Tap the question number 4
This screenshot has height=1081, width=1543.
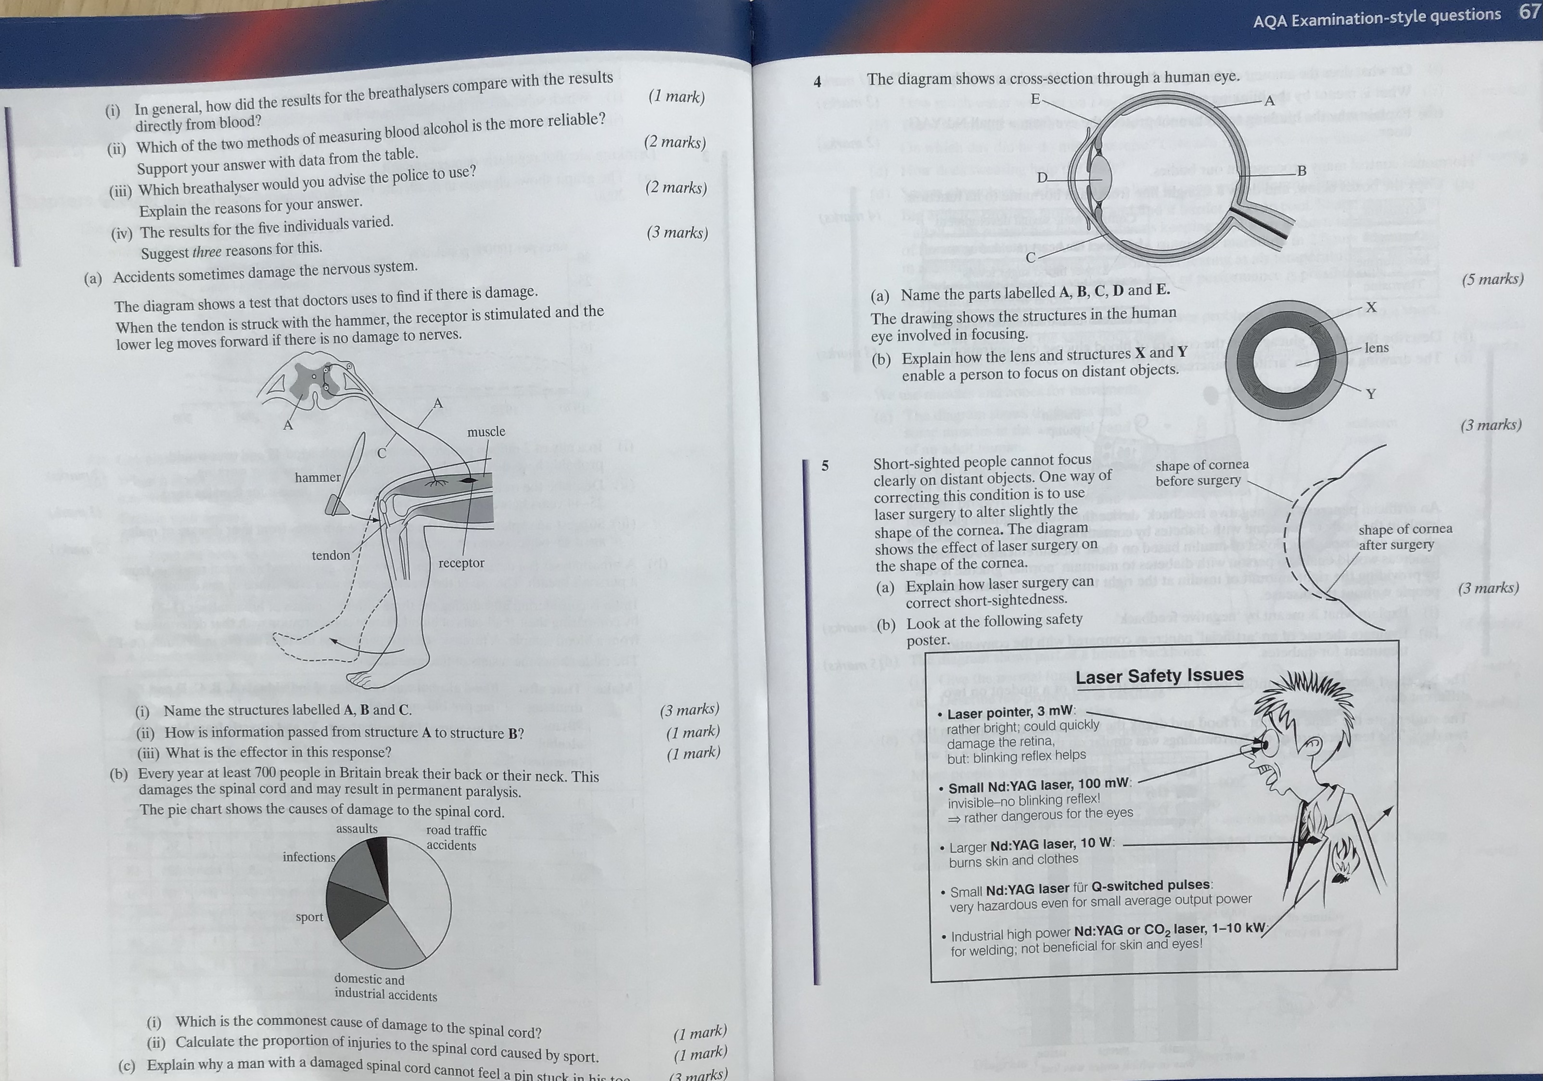coord(817,82)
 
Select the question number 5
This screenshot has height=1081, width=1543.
coord(825,465)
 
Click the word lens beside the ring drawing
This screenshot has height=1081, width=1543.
coord(1377,347)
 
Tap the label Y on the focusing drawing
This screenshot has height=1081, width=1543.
coord(1371,394)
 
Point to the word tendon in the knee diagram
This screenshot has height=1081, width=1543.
coord(331,555)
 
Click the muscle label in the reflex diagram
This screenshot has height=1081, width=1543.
coord(486,432)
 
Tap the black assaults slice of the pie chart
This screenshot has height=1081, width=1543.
coord(381,864)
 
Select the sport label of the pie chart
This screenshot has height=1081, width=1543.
coord(309,917)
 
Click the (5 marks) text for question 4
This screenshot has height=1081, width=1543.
coord(1492,279)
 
